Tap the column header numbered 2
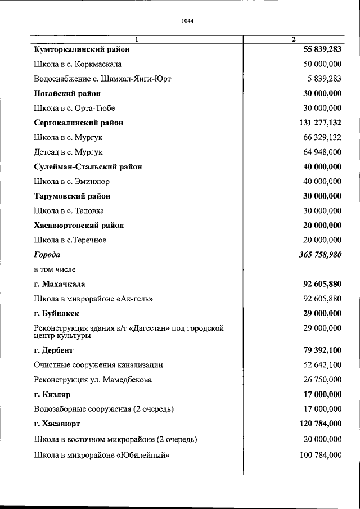click(293, 39)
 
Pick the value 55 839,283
click(322, 49)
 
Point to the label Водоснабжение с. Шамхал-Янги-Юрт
click(102, 79)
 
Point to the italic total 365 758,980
click(319, 254)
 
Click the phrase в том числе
click(55, 269)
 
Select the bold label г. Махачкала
click(60, 283)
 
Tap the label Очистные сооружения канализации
click(98, 364)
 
